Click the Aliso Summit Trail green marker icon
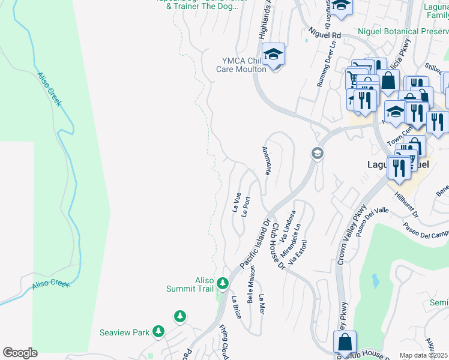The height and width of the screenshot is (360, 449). point(223,282)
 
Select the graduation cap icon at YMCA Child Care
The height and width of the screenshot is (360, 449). point(273,56)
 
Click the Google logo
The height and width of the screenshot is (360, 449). point(20,353)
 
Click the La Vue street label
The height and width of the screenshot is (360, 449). point(236,202)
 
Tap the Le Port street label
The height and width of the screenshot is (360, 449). point(245,206)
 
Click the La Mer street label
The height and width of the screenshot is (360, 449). point(261,304)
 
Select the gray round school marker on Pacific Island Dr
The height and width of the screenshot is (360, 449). point(317,154)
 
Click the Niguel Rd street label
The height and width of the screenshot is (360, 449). point(324,35)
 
